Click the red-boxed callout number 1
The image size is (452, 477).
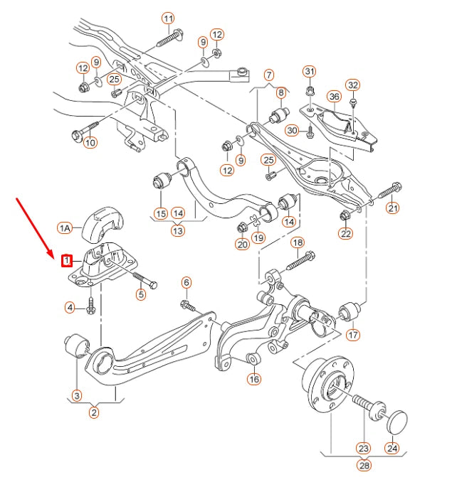pyautogui.click(x=66, y=261)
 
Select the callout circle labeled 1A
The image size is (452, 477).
pyautogui.click(x=65, y=228)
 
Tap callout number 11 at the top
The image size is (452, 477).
pyautogui.click(x=168, y=18)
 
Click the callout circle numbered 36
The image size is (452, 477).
pyautogui.click(x=334, y=96)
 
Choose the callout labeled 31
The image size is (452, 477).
pyautogui.click(x=309, y=71)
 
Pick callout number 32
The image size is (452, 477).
pyautogui.click(x=353, y=85)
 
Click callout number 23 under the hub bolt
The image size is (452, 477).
pyautogui.click(x=364, y=449)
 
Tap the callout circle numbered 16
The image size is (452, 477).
pyautogui.click(x=254, y=380)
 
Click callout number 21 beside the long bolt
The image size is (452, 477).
pyautogui.click(x=393, y=208)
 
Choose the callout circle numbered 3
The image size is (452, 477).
pyautogui.click(x=76, y=395)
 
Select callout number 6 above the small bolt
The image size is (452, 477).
pyautogui.click(x=186, y=283)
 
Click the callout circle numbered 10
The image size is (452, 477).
pyautogui.click(x=90, y=143)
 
